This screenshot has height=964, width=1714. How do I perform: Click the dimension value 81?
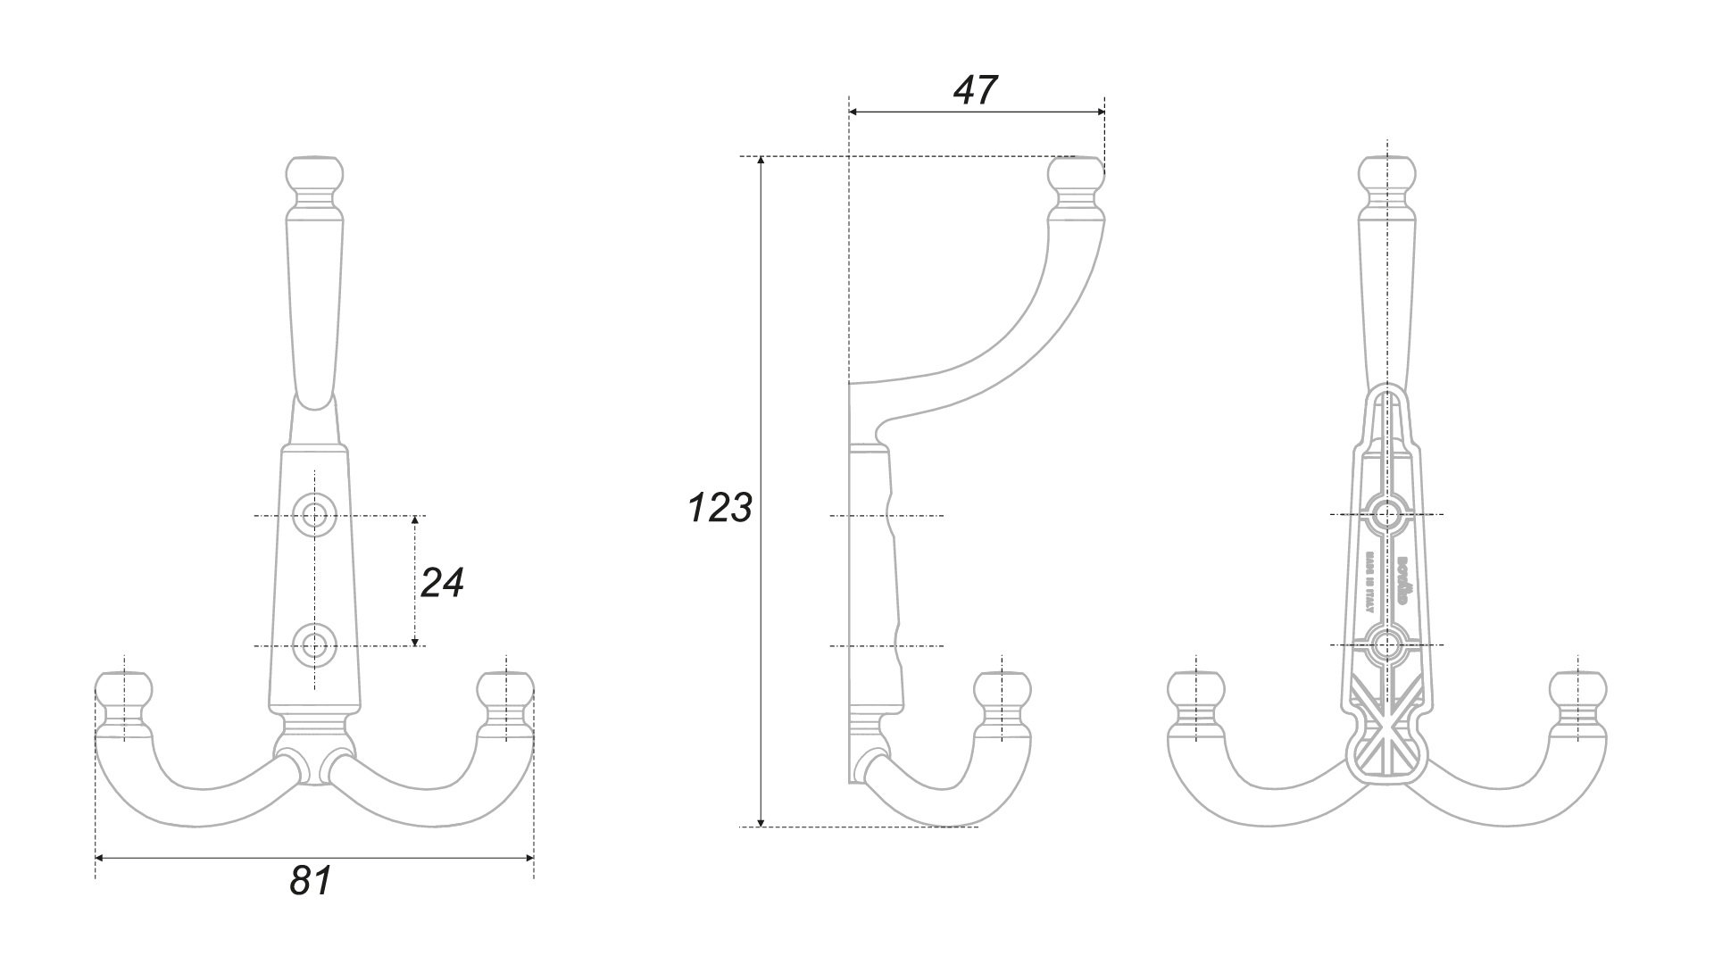(311, 881)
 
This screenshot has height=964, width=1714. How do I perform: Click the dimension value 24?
(442, 583)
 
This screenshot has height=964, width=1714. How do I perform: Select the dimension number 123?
(720, 508)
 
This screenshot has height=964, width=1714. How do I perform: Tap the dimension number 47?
(975, 90)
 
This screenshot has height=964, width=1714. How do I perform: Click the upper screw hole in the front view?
(313, 515)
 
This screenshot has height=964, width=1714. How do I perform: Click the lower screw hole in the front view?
(313, 644)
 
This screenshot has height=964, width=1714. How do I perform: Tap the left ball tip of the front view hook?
(123, 689)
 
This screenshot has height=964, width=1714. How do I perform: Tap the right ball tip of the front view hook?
(505, 689)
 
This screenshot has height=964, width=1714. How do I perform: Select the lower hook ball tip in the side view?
(1002, 689)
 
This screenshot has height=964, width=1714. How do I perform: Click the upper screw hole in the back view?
(1386, 514)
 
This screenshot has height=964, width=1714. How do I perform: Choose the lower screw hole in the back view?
(1386, 644)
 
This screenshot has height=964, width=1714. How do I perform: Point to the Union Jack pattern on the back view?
(1385, 741)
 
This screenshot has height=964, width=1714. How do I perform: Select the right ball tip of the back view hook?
(1577, 689)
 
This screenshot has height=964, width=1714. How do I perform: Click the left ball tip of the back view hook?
(1196, 689)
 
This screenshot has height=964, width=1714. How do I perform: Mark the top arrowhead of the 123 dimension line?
(761, 162)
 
